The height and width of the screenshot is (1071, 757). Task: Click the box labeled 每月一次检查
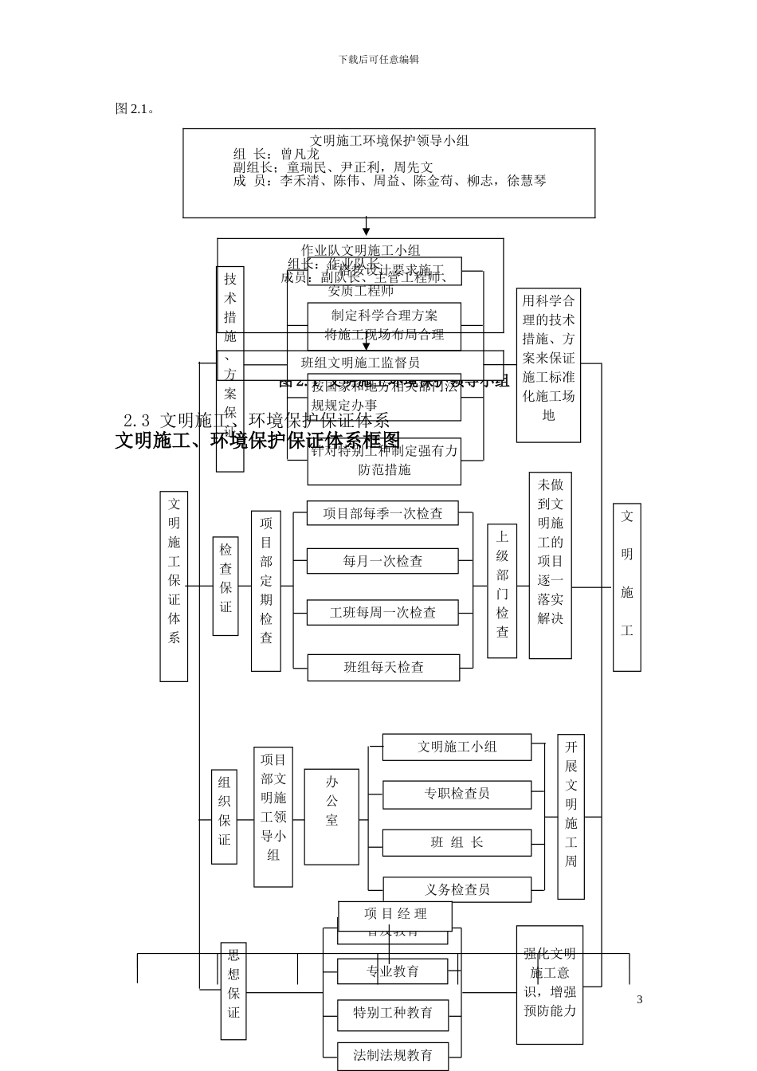coord(382,561)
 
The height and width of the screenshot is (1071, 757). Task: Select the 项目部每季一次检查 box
coord(382,513)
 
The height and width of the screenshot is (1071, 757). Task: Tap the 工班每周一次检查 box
coord(382,613)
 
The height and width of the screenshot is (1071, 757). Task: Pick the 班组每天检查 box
coord(383,667)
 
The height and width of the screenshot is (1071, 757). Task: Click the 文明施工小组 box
coord(457,747)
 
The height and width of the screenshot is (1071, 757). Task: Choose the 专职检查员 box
coord(457,794)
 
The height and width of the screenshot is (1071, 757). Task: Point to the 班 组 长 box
coord(457,842)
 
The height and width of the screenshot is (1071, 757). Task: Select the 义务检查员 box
coord(457,889)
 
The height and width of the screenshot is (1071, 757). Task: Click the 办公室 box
coord(331,816)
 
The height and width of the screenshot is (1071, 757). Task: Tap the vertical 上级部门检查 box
coord(502,590)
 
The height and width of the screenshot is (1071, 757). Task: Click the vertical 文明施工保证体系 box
coord(174,586)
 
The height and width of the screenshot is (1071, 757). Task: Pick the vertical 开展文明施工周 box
coord(571,816)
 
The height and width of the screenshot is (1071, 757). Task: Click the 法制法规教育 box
coord(393,1056)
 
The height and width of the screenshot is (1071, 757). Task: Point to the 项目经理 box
coord(395,915)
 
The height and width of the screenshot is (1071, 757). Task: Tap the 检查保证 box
coord(226,586)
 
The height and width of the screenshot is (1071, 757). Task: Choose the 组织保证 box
coord(224,816)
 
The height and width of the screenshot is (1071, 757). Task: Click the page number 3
coord(639,999)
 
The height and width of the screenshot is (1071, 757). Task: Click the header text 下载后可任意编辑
coord(378,59)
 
